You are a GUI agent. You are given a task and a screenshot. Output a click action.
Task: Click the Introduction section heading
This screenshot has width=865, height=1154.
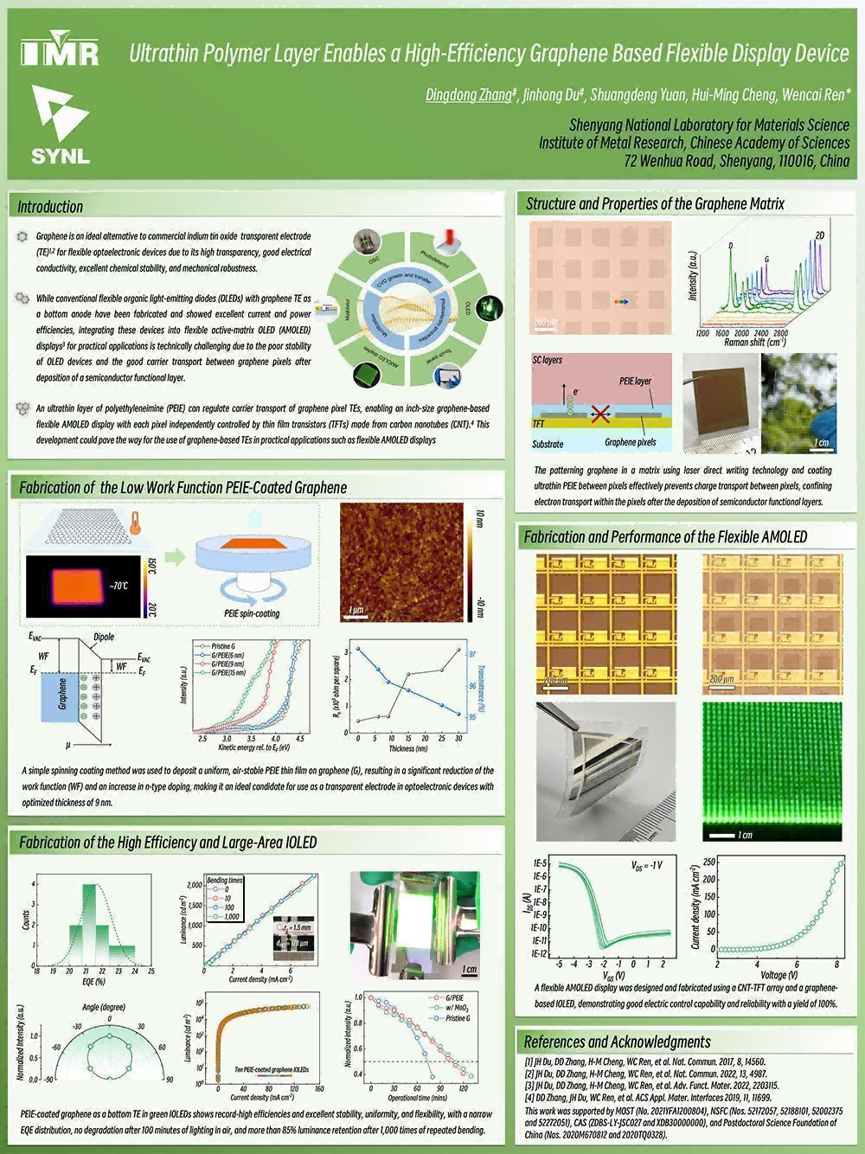[x=50, y=207]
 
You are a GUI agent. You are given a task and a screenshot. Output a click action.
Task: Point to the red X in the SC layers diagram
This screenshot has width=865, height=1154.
[x=599, y=414]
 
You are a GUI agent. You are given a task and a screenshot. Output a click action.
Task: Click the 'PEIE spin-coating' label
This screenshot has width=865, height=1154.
[x=246, y=613]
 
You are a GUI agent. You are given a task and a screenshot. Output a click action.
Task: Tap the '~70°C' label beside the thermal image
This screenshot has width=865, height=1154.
[x=119, y=586]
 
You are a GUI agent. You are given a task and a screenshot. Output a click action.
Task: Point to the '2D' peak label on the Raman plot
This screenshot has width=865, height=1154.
[x=819, y=235]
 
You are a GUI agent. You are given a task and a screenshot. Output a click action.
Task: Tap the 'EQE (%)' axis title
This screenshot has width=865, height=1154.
[x=93, y=982]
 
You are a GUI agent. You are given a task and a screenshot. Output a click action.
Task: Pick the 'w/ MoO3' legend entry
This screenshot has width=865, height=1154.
[x=455, y=1008]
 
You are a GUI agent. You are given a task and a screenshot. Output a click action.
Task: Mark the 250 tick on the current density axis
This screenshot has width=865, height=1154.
[x=709, y=862]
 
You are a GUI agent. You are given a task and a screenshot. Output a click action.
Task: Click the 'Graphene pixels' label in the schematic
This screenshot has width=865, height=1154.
[x=630, y=442]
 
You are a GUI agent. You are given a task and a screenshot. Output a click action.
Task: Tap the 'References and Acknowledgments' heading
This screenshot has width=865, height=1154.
[x=617, y=1042]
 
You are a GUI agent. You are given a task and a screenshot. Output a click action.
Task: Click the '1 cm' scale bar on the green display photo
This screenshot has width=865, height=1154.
[x=731, y=835]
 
